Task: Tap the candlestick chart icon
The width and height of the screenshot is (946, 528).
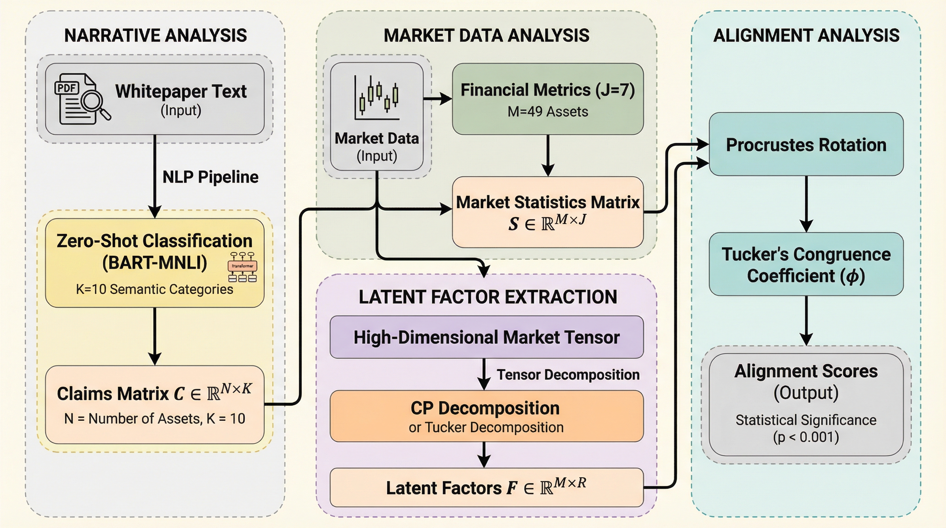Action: tap(377, 98)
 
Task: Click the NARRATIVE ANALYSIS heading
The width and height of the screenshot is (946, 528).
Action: tap(155, 36)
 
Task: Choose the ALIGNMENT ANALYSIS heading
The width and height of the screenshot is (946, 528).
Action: tap(806, 36)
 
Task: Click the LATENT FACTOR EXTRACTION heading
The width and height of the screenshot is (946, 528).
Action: tap(488, 297)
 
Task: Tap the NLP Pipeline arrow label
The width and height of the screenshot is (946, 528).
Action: tap(210, 177)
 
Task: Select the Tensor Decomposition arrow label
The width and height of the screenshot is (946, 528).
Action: tap(568, 375)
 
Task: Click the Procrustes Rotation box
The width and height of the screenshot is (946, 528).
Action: tap(806, 144)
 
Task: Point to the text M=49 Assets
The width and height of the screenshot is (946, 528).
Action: tap(548, 112)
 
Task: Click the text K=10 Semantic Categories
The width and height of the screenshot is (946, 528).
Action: tap(154, 289)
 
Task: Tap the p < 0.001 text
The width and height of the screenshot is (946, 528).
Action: tap(806, 437)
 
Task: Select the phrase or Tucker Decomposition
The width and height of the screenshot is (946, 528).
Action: tap(486, 427)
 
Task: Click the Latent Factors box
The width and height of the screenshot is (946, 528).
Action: tap(487, 488)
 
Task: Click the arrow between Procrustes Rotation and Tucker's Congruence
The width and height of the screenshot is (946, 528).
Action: tap(806, 204)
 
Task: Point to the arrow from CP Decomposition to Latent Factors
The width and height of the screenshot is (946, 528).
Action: tap(484, 454)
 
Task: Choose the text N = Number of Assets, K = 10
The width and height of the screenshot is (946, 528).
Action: tap(154, 419)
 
